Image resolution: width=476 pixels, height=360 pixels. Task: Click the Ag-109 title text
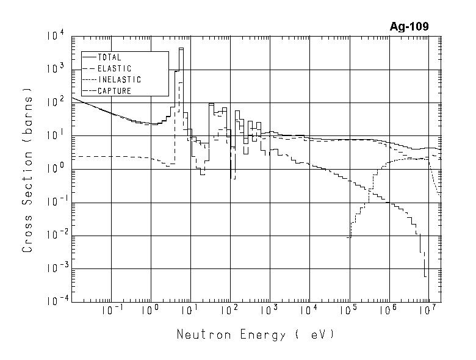click(409, 27)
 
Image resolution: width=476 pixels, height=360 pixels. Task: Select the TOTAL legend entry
click(109, 57)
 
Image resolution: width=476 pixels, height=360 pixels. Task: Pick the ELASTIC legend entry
click(114, 68)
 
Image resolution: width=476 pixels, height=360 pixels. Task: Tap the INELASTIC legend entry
click(119, 80)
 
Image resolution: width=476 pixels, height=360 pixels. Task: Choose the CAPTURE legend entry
click(114, 91)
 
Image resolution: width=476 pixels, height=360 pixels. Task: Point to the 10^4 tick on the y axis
click(54, 37)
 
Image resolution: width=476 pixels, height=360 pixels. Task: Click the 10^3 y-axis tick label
click(54, 70)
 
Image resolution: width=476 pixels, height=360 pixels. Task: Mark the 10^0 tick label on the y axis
click(54, 169)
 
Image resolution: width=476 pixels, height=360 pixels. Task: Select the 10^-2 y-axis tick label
click(52, 236)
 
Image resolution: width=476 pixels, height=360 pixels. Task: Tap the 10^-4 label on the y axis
click(52, 301)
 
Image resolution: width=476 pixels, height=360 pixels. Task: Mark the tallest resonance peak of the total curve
click(181, 49)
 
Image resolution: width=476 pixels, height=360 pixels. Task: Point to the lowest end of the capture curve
click(425, 276)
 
